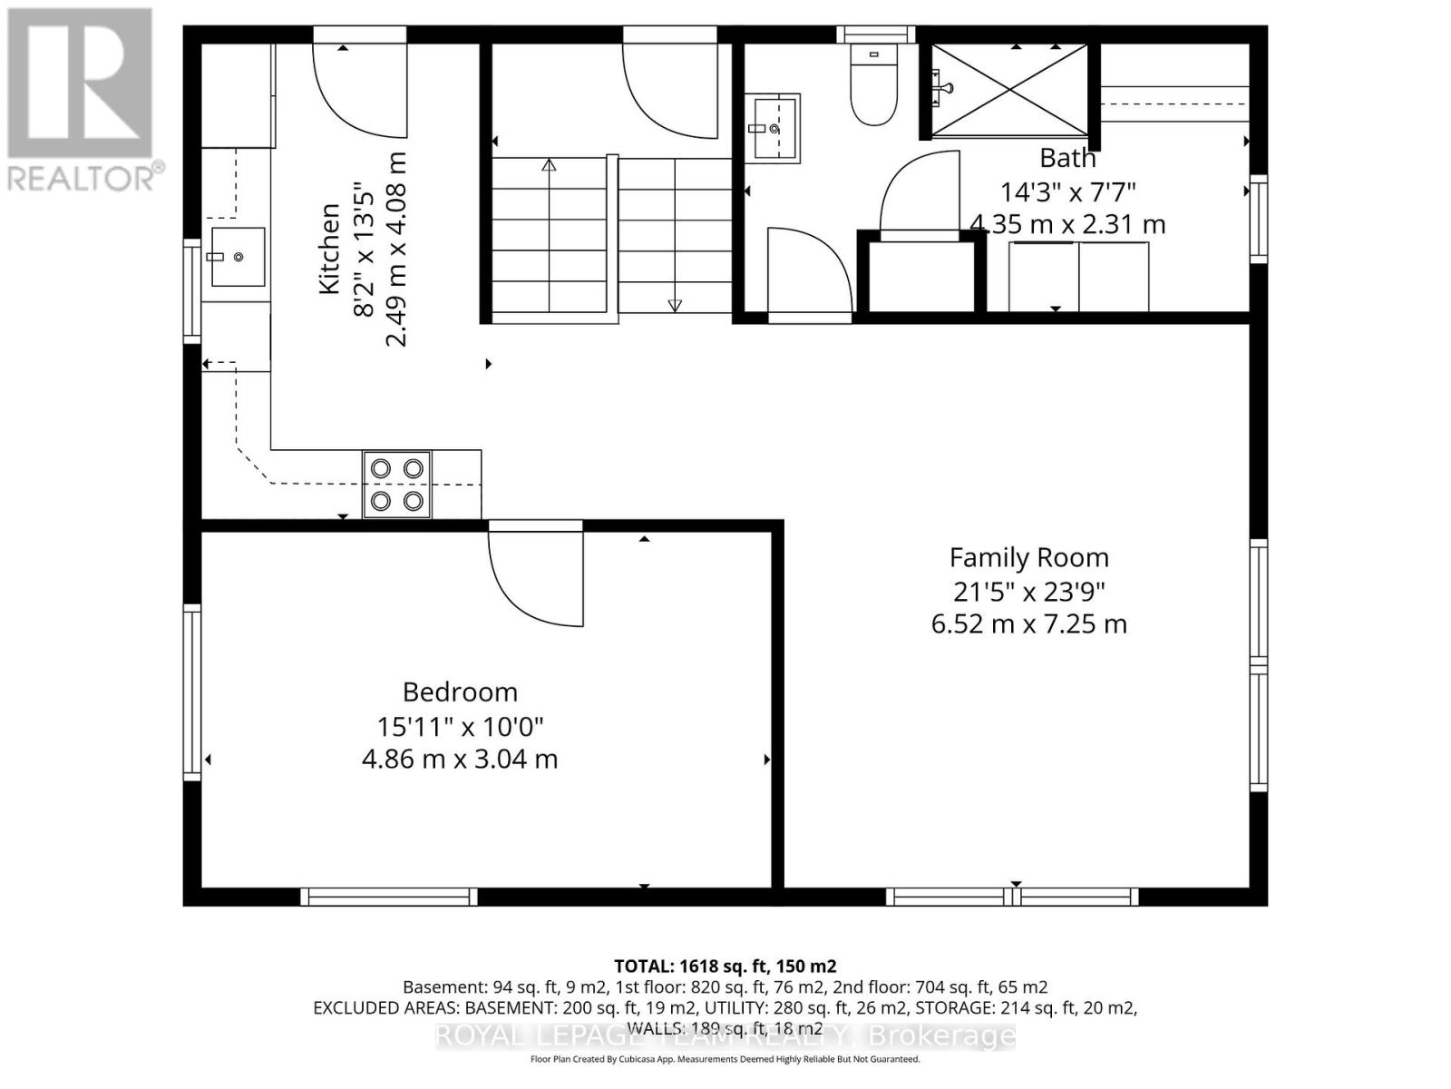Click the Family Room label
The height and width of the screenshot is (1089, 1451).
1028,557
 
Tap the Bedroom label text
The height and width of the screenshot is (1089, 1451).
460,692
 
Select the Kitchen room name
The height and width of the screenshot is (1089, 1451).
329,249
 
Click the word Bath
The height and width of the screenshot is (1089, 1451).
1067,158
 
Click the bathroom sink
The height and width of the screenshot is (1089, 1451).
773,128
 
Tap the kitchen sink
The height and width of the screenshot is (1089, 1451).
237,257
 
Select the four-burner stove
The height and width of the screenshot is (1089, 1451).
397,485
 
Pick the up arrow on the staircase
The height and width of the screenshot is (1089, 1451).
549,165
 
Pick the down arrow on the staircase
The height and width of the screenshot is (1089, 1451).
675,306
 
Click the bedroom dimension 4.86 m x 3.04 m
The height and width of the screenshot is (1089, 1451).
460,759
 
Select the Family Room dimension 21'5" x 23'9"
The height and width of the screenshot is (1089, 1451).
1028,592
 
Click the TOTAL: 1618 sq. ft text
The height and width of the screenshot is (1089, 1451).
724,966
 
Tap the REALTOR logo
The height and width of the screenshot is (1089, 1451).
81,100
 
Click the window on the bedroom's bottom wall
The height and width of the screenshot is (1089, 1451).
389,897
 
